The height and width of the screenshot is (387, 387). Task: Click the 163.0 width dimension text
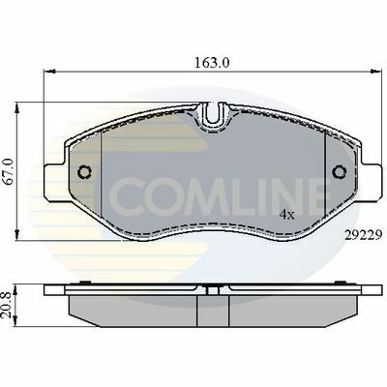point(212,63)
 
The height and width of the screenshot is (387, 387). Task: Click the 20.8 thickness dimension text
point(8,305)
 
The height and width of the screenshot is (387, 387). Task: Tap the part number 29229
point(364,235)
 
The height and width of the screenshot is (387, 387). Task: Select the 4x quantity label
point(287,215)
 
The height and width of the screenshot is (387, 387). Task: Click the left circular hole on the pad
point(85,172)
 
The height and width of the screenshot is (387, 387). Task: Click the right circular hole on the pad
point(339,172)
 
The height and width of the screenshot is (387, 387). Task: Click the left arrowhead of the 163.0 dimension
point(47,72)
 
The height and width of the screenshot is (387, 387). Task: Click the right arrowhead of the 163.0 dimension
point(374,72)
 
